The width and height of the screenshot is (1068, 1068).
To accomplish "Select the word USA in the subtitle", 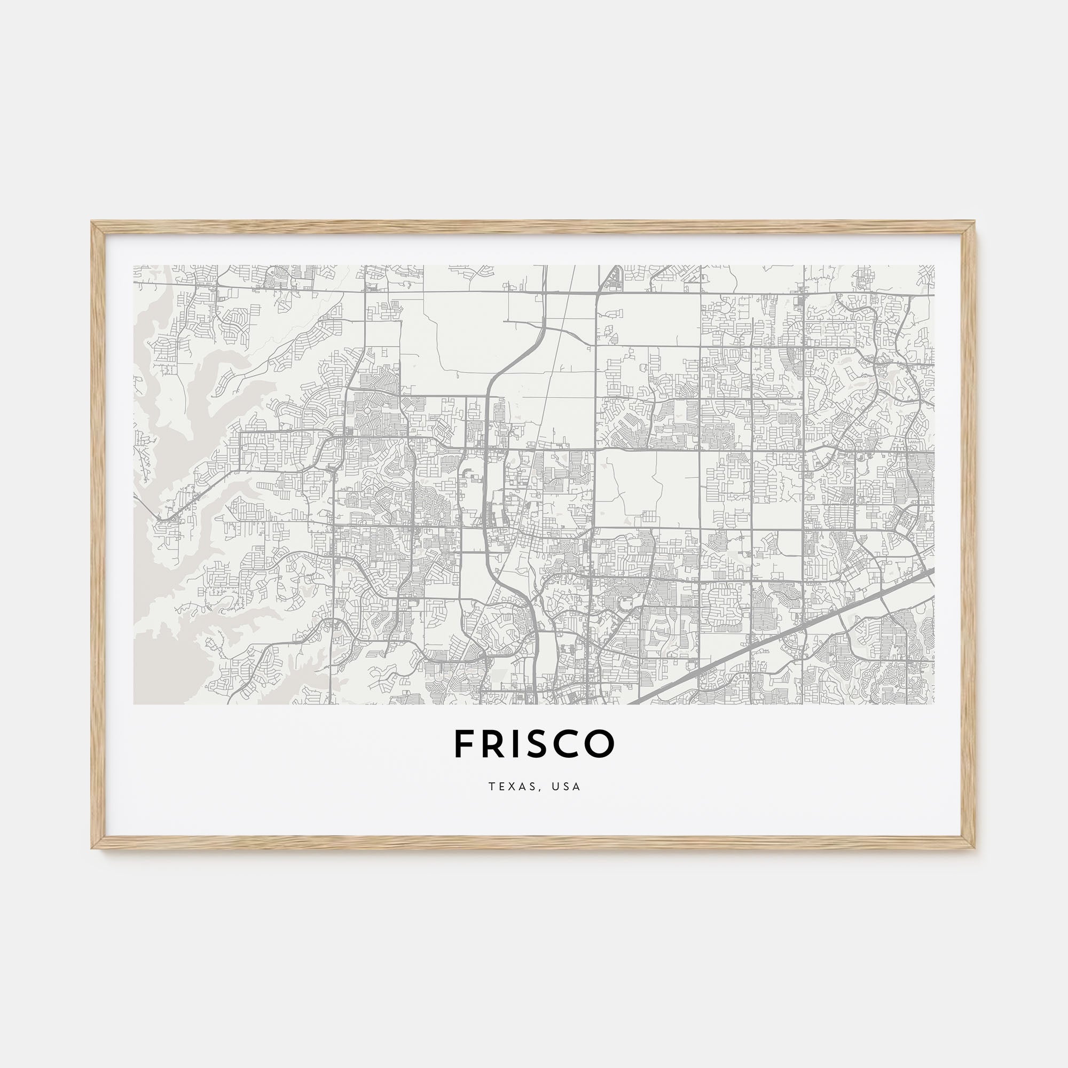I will [x=566, y=787].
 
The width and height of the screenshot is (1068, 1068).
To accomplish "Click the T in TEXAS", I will [x=491, y=787].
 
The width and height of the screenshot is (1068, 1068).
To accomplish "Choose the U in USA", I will [x=553, y=787].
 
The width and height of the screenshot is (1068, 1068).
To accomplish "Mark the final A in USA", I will [x=577, y=787].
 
